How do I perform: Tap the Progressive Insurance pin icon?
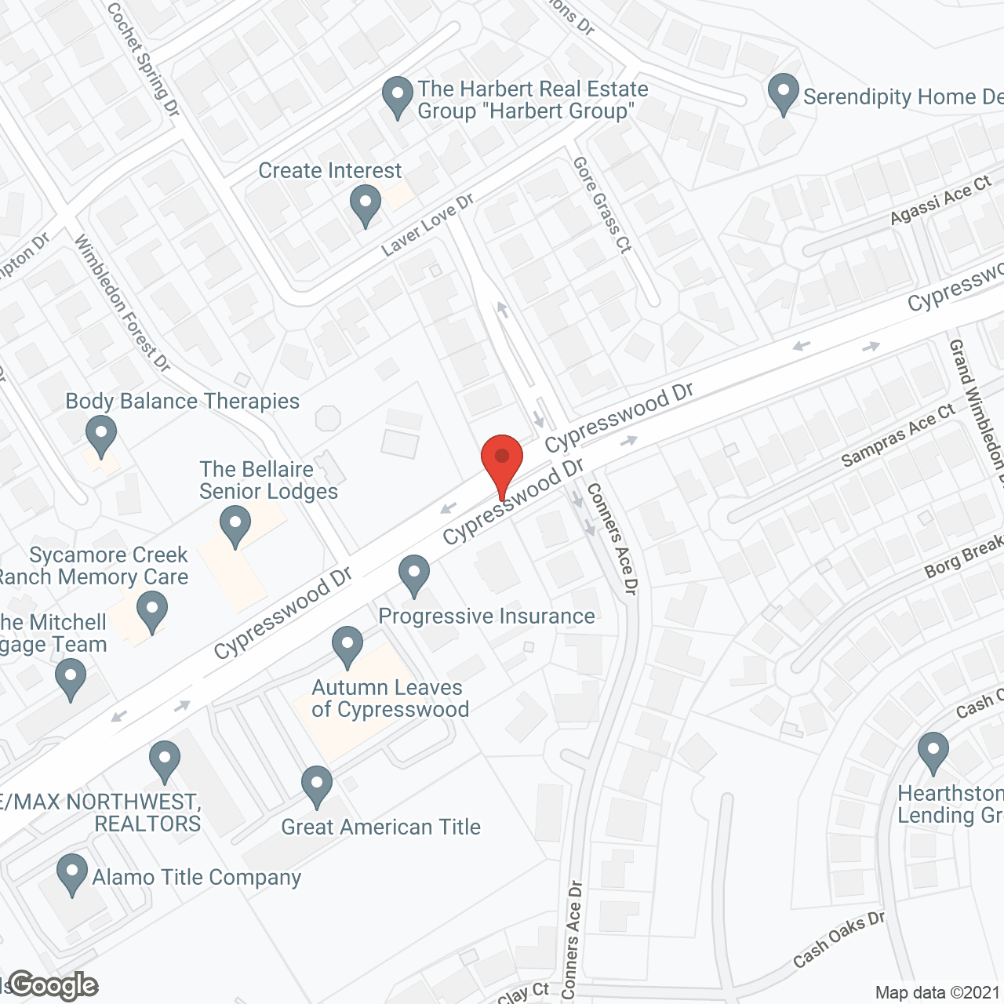click(414, 574)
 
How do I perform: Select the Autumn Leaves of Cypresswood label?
click(390, 698)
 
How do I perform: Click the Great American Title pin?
click(317, 785)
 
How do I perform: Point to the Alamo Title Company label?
click(196, 877)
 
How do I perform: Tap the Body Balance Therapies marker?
click(100, 435)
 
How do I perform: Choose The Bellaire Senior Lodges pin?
click(235, 526)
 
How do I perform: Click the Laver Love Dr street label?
click(428, 225)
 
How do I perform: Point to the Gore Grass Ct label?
click(602, 206)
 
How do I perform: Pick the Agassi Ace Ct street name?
click(941, 201)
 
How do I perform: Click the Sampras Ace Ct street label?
click(898, 435)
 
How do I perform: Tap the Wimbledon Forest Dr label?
click(122, 302)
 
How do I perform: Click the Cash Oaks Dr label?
click(838, 940)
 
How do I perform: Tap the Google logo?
click(53, 985)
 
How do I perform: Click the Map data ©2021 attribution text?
click(937, 993)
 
